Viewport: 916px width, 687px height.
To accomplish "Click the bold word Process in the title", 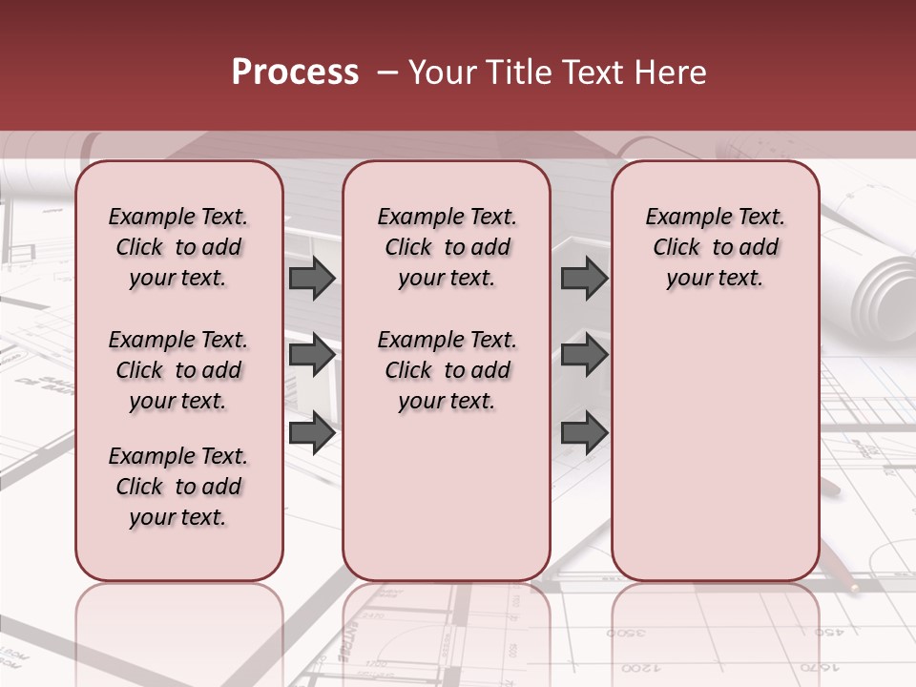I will [295, 73].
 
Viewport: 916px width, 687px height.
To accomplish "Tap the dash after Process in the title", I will [387, 73].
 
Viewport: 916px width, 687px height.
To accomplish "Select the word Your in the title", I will [443, 73].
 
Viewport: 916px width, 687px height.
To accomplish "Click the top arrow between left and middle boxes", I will [312, 279].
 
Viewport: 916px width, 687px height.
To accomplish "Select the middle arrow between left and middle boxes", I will [312, 355].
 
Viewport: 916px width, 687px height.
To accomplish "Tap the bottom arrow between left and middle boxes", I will [312, 432].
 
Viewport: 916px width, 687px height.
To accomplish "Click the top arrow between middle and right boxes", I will [584, 279].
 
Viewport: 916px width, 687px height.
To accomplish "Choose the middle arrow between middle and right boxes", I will [584, 355].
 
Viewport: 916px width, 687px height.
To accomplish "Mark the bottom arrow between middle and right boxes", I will [584, 432].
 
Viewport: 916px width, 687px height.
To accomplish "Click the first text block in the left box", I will [178, 247].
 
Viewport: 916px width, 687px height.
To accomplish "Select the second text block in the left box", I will [178, 370].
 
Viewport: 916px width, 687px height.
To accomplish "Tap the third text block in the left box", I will [178, 487].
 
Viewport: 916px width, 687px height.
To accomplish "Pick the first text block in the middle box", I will [447, 247].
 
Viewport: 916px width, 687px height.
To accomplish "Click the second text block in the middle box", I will [447, 370].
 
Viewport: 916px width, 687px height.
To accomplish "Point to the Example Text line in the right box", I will [715, 217].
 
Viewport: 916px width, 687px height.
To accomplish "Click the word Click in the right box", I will [677, 247].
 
